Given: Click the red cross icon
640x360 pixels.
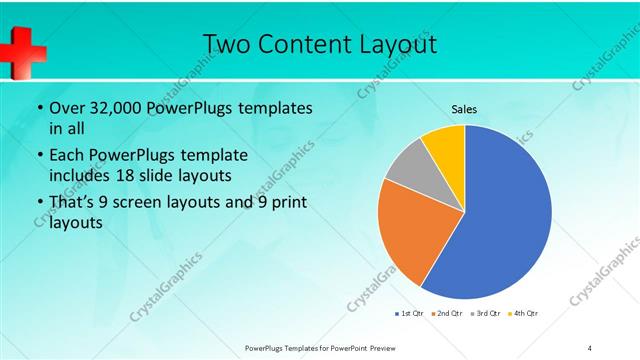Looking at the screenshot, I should click(x=21, y=51).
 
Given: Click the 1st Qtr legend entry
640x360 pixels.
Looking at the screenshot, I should click(x=410, y=313).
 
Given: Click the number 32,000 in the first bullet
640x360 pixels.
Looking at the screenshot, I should click(x=115, y=107).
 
